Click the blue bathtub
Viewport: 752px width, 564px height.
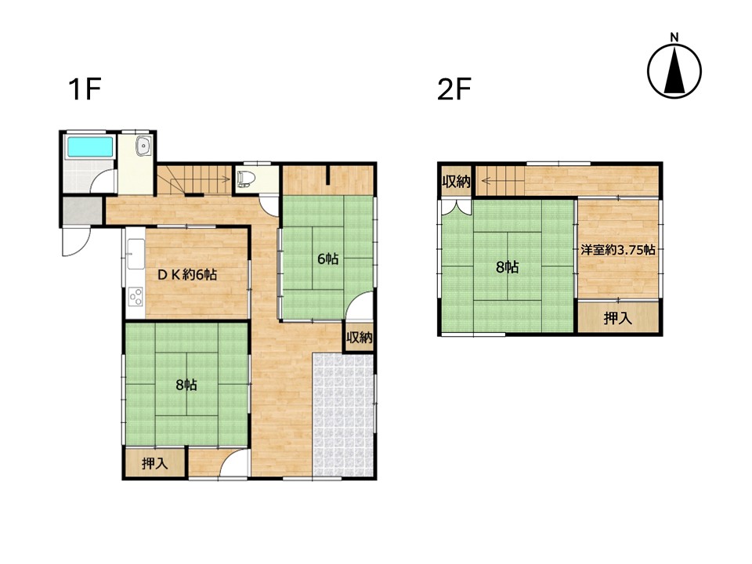pyautogui.click(x=89, y=146)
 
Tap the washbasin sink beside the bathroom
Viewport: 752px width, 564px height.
pyautogui.click(x=143, y=146)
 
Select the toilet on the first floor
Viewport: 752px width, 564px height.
pyautogui.click(x=244, y=179)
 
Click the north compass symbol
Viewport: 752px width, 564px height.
pyautogui.click(x=674, y=70)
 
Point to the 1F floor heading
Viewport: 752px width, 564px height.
pyautogui.click(x=85, y=89)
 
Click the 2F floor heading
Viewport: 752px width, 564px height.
pyautogui.click(x=454, y=89)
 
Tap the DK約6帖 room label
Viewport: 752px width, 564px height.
pyautogui.click(x=187, y=275)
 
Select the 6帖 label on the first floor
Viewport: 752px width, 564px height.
pyautogui.click(x=328, y=259)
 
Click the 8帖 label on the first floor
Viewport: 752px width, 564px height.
pyautogui.click(x=186, y=385)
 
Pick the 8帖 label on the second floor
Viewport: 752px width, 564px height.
pyautogui.click(x=507, y=267)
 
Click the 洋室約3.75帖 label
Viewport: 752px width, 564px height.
pyautogui.click(x=618, y=250)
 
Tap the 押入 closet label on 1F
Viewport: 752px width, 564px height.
pyautogui.click(x=154, y=464)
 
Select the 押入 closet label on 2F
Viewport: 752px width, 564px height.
pyautogui.click(x=618, y=318)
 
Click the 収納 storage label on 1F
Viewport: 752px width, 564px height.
pyautogui.click(x=360, y=338)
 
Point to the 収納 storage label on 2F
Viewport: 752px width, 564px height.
pyautogui.click(x=456, y=182)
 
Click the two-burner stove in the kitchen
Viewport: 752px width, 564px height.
pyautogui.click(x=136, y=296)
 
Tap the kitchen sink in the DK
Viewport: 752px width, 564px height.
pyautogui.click(x=136, y=254)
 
